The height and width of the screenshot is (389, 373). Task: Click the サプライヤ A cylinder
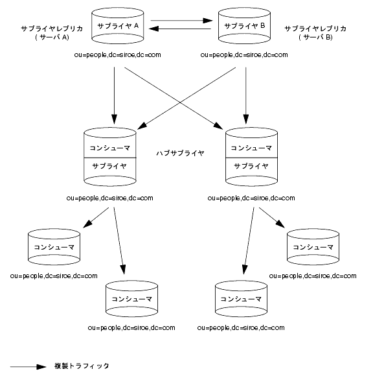click(118, 26)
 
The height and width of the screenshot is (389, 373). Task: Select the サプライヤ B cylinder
click(244, 26)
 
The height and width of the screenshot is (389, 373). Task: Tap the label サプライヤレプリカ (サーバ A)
click(52, 33)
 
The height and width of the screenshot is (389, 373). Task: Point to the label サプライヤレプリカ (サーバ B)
click(315, 33)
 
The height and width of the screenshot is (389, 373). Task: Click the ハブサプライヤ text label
click(181, 153)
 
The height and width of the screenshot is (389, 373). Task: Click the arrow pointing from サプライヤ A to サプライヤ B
click(182, 21)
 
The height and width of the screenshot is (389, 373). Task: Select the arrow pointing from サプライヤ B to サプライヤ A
click(179, 29)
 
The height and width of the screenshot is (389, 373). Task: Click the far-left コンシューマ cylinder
click(54, 247)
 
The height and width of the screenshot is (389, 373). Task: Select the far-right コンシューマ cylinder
click(313, 247)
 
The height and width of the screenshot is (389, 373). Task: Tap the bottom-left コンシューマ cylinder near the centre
click(132, 299)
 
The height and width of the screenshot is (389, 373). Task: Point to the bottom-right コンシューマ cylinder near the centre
click(241, 299)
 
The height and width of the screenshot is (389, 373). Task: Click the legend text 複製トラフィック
click(82, 366)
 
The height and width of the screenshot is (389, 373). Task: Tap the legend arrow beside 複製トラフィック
click(28, 367)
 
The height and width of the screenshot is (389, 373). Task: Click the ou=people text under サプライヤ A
click(117, 55)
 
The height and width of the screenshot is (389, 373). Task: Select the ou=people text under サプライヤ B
click(244, 55)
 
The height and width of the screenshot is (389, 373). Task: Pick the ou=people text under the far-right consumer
click(313, 276)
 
